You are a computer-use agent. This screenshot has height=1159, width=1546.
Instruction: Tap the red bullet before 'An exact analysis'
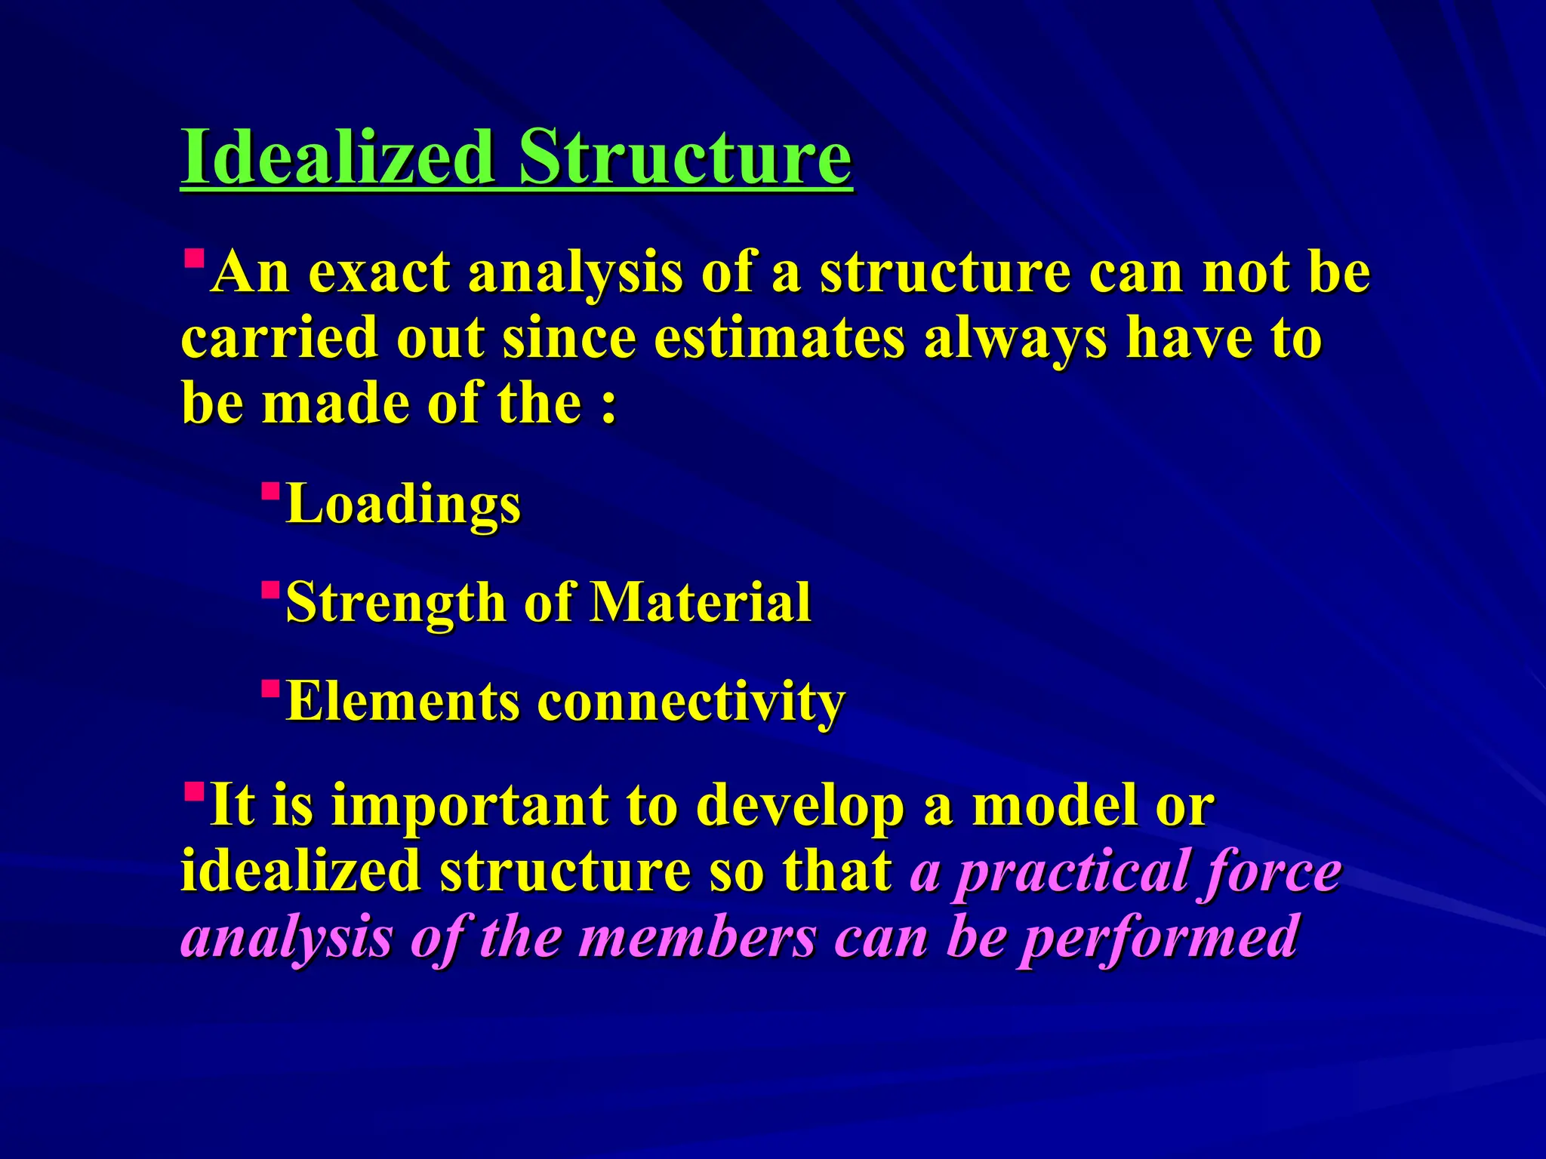click(x=194, y=260)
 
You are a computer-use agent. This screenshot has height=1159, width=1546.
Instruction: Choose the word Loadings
click(x=404, y=504)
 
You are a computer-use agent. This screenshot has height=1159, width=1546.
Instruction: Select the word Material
click(x=700, y=603)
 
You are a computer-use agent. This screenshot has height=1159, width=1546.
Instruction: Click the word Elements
click(x=403, y=702)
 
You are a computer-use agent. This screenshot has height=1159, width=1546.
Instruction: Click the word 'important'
click(x=469, y=806)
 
